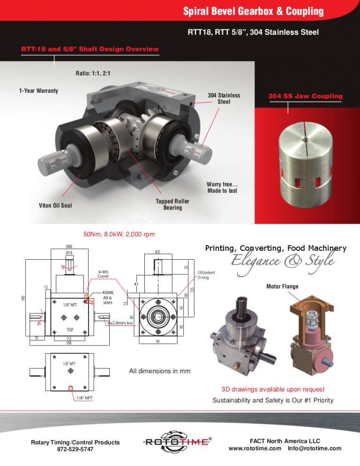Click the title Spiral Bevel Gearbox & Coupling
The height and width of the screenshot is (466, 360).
pyautogui.click(x=253, y=11)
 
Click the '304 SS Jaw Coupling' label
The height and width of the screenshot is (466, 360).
pyautogui.click(x=305, y=96)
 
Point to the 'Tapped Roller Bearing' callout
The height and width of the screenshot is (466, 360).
pyautogui.click(x=172, y=204)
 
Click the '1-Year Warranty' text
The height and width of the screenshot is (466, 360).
pyautogui.click(x=38, y=90)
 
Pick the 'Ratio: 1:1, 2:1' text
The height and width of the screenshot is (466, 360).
pyautogui.click(x=93, y=74)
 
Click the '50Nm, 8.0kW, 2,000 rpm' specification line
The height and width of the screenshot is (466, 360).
pyautogui.click(x=119, y=234)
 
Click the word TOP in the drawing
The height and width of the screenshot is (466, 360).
pyautogui.click(x=69, y=330)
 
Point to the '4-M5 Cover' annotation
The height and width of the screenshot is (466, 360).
pyautogui.click(x=103, y=273)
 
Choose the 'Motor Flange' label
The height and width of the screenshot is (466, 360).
pyautogui.click(x=282, y=286)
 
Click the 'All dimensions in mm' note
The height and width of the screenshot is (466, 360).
pyautogui.click(x=159, y=371)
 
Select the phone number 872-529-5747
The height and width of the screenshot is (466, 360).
pyautogui.click(x=75, y=449)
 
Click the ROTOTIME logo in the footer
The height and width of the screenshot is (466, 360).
pyautogui.click(x=177, y=442)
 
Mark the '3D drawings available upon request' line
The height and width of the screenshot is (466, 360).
pyautogui.click(x=273, y=389)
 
